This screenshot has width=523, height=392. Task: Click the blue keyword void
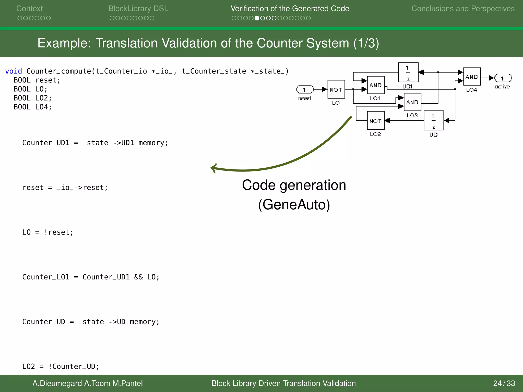(14, 71)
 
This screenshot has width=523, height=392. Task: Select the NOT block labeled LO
(336, 89)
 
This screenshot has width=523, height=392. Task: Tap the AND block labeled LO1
(375, 85)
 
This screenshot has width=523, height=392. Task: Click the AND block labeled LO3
(412, 102)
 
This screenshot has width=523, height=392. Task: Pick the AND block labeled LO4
(472, 77)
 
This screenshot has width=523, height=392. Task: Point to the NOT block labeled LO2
(375, 120)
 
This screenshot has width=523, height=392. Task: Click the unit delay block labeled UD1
(408, 72)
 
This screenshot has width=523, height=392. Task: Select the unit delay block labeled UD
(433, 120)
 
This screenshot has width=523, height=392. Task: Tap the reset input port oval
(305, 90)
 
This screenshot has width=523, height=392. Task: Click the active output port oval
(503, 78)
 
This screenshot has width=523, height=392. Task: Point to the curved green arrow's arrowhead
(213, 168)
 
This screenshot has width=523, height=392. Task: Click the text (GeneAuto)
(294, 205)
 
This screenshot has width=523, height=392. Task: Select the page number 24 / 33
(504, 383)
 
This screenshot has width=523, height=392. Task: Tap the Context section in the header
(30, 9)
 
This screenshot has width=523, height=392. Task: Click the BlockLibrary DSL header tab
(138, 9)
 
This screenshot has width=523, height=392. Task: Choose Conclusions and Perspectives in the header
(463, 9)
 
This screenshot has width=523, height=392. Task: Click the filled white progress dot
(257, 18)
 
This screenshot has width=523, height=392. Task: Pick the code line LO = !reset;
(48, 232)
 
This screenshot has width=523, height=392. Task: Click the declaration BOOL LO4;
(33, 107)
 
